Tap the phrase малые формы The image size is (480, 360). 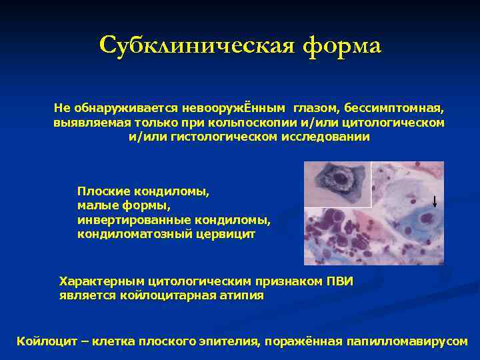tap(124, 206)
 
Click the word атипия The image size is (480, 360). tap(241, 295)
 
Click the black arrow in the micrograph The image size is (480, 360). tap(434, 202)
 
